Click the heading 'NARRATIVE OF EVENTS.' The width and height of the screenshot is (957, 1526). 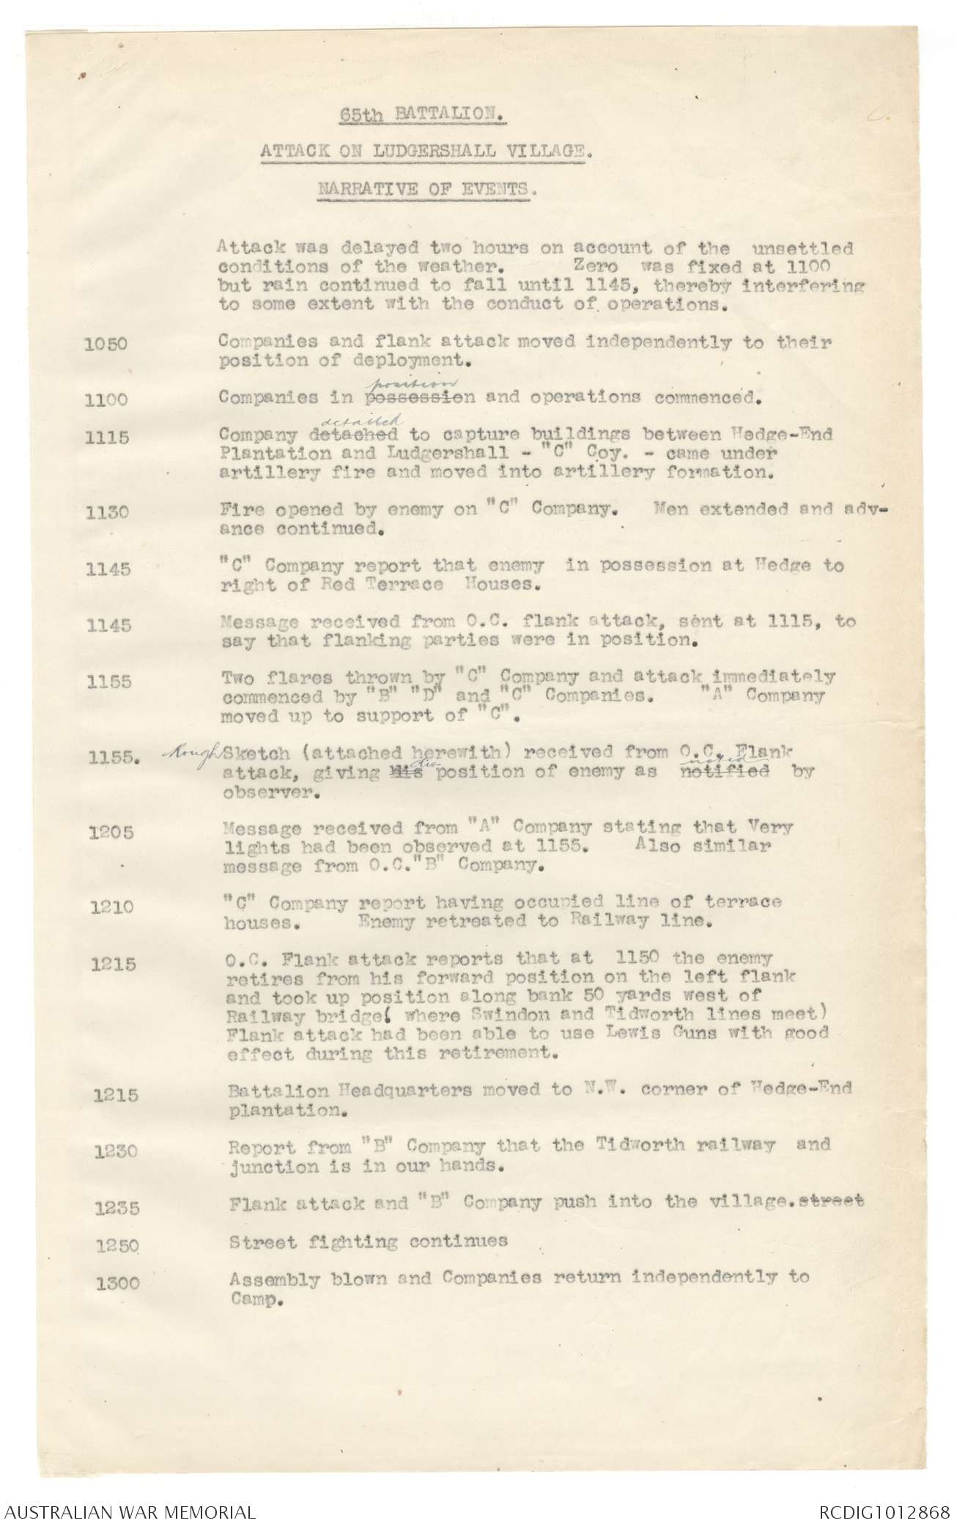pos(428,188)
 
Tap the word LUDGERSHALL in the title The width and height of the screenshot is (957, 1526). pos(417,152)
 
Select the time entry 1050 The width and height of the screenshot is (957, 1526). pos(107,344)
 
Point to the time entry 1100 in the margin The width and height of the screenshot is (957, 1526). pos(107,400)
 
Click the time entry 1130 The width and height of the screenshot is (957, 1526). pos(108,512)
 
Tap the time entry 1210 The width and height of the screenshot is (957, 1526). pos(112,907)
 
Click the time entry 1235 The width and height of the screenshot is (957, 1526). pos(117,1208)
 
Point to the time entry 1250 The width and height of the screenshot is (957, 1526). pos(117,1245)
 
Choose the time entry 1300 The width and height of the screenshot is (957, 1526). pos(118,1283)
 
